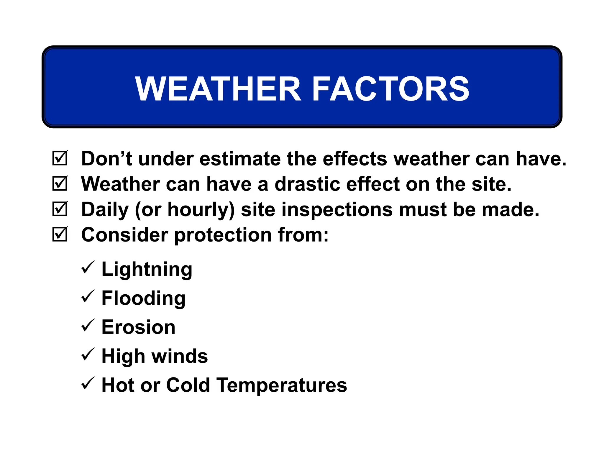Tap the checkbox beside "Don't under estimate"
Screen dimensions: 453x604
tap(60, 158)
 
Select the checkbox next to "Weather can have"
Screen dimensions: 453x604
tap(60, 184)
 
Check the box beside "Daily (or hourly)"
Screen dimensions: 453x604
tap(60, 209)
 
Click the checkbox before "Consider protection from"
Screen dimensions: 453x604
tap(60, 234)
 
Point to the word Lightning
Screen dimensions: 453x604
tap(147, 270)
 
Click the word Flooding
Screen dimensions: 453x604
tap(143, 298)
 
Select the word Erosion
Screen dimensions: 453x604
tap(138, 327)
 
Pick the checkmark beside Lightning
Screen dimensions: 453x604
tap(88, 267)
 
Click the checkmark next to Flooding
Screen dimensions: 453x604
tap(88, 296)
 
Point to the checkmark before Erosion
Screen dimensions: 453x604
tap(88, 325)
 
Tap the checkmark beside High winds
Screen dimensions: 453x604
tap(88, 354)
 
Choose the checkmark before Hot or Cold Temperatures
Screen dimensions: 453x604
tap(88, 383)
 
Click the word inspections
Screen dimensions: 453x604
tap(337, 210)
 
